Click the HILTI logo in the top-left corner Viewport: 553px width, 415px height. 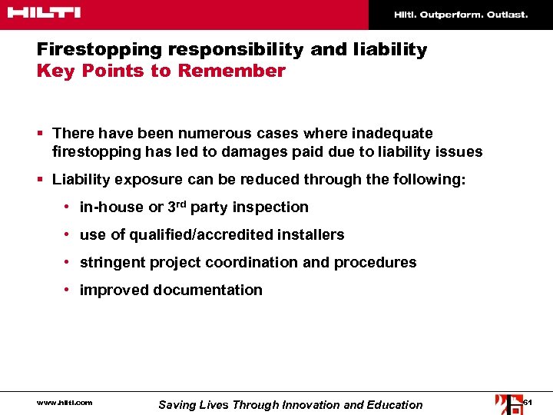(44, 13)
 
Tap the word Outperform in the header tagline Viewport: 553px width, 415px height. (450, 15)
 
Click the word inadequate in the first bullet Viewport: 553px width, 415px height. (394, 134)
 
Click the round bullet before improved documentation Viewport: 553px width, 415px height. (68, 290)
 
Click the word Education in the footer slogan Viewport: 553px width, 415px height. (395, 405)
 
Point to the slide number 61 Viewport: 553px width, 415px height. (528, 403)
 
